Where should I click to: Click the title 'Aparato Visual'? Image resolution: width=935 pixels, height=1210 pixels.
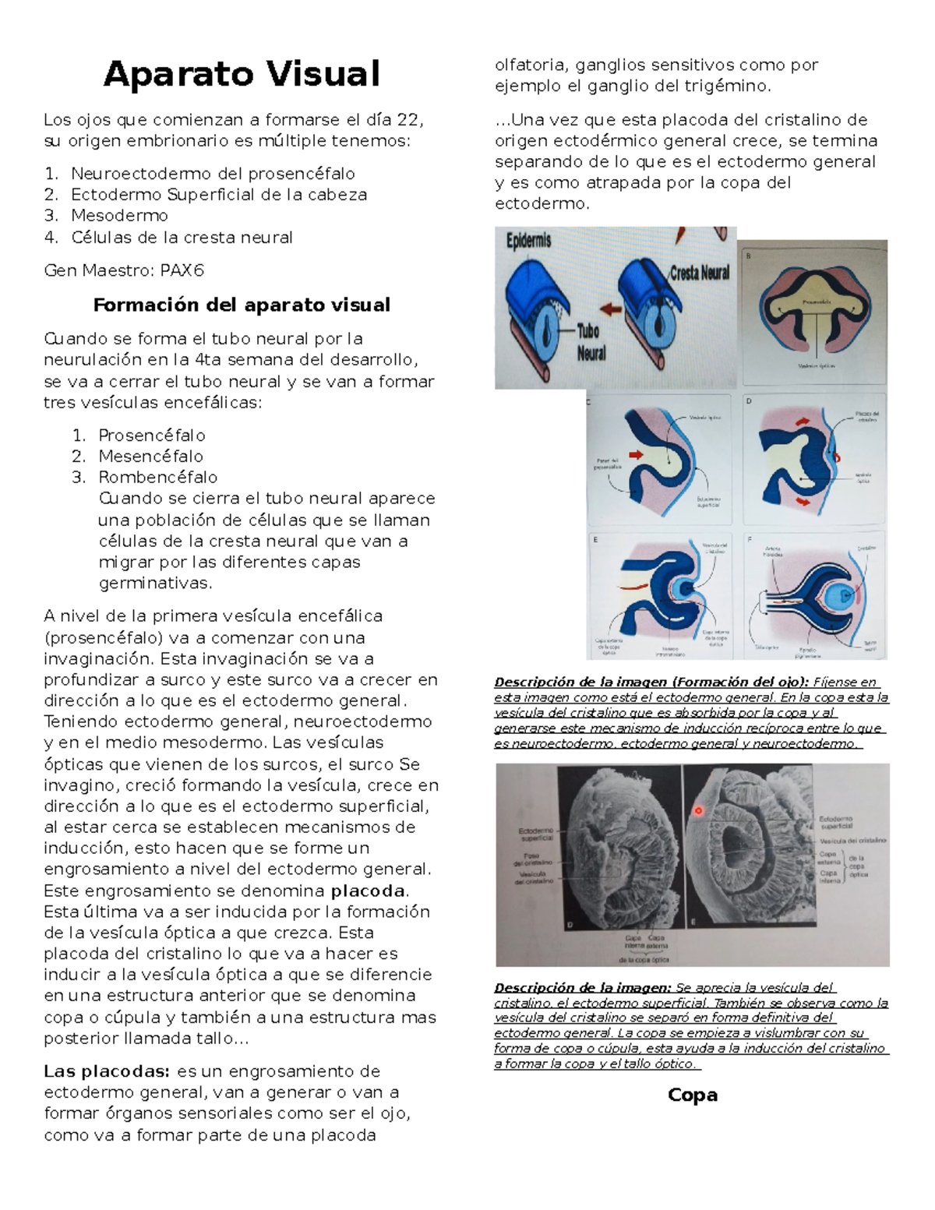(x=242, y=75)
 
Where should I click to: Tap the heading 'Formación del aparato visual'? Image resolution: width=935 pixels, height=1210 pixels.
(x=242, y=305)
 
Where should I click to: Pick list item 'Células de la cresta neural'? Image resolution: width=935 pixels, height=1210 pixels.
(x=182, y=237)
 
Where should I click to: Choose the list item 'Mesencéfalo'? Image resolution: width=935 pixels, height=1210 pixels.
(x=150, y=456)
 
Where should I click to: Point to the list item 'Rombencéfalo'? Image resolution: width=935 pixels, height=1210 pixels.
(x=157, y=477)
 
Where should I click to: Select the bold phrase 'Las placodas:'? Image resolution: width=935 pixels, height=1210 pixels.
(x=106, y=1071)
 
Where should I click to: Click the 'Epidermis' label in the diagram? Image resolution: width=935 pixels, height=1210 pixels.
(x=529, y=242)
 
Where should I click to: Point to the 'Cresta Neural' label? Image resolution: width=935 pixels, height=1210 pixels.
(x=699, y=272)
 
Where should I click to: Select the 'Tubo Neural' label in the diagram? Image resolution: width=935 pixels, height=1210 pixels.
(x=591, y=342)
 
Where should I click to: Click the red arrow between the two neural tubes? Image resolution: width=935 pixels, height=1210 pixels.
(x=610, y=309)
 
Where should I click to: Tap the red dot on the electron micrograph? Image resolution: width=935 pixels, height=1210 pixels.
(x=698, y=810)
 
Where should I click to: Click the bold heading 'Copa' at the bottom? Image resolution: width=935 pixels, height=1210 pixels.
(x=692, y=1095)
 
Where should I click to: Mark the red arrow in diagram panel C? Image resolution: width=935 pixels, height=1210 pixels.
(x=637, y=453)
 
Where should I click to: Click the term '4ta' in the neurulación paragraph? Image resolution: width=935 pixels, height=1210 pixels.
(x=208, y=360)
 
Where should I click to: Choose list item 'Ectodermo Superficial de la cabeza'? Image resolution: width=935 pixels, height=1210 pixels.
(x=218, y=194)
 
